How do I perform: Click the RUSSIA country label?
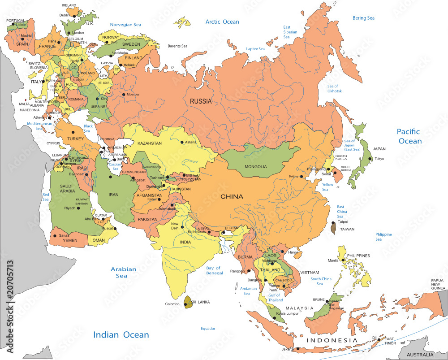click(200, 101)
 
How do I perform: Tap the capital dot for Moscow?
click(124, 94)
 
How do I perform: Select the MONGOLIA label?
click(255, 167)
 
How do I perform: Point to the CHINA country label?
click(232, 196)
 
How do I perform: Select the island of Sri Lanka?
click(187, 302)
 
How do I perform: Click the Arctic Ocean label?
click(222, 22)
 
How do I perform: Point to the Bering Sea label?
click(363, 18)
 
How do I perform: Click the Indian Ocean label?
click(121, 334)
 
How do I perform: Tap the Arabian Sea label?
click(124, 273)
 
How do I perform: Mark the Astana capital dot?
click(181, 143)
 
